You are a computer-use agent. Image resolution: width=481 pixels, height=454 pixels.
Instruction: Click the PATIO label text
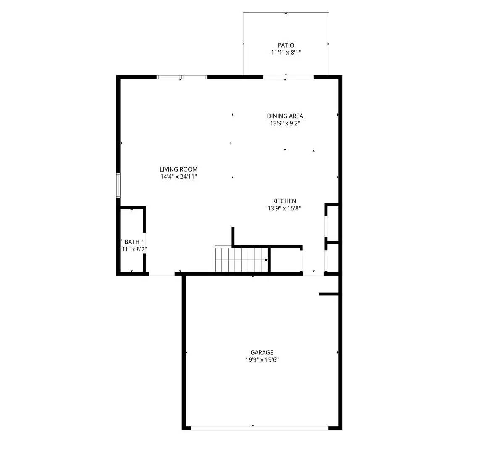(x=286, y=45)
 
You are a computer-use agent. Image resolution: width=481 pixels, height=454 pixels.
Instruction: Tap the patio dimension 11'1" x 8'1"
(x=286, y=53)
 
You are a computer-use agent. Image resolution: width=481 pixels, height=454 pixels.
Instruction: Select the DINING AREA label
(x=285, y=116)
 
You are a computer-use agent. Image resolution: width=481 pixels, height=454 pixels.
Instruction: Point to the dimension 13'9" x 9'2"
(x=285, y=124)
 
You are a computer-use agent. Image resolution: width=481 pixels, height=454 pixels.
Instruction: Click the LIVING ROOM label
(x=178, y=169)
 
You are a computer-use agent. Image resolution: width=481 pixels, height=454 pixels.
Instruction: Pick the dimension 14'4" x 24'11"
(x=178, y=177)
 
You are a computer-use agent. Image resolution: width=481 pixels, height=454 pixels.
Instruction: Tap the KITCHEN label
(x=284, y=201)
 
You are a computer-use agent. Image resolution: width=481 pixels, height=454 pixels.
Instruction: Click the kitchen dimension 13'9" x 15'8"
(x=284, y=208)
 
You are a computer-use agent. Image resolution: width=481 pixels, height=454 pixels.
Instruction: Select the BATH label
(x=132, y=242)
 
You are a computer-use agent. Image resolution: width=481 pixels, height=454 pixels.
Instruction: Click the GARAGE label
(x=262, y=352)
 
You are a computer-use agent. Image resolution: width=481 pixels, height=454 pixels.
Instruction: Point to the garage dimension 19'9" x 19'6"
(x=262, y=360)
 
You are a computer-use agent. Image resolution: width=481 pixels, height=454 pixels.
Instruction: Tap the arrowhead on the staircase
(x=266, y=260)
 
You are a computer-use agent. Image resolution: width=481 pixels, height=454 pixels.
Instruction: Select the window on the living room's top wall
(x=182, y=77)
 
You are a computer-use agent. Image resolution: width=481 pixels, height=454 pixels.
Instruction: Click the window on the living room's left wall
(x=118, y=185)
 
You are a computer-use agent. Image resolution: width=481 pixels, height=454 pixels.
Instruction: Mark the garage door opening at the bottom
(x=260, y=428)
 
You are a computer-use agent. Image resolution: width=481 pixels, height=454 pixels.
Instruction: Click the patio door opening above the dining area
(x=289, y=77)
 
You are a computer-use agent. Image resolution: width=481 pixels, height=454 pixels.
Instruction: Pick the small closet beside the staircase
(x=285, y=260)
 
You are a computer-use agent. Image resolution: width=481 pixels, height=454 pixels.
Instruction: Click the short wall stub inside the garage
(x=329, y=294)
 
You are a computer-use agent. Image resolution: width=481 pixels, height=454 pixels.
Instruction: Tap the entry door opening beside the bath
(x=162, y=274)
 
